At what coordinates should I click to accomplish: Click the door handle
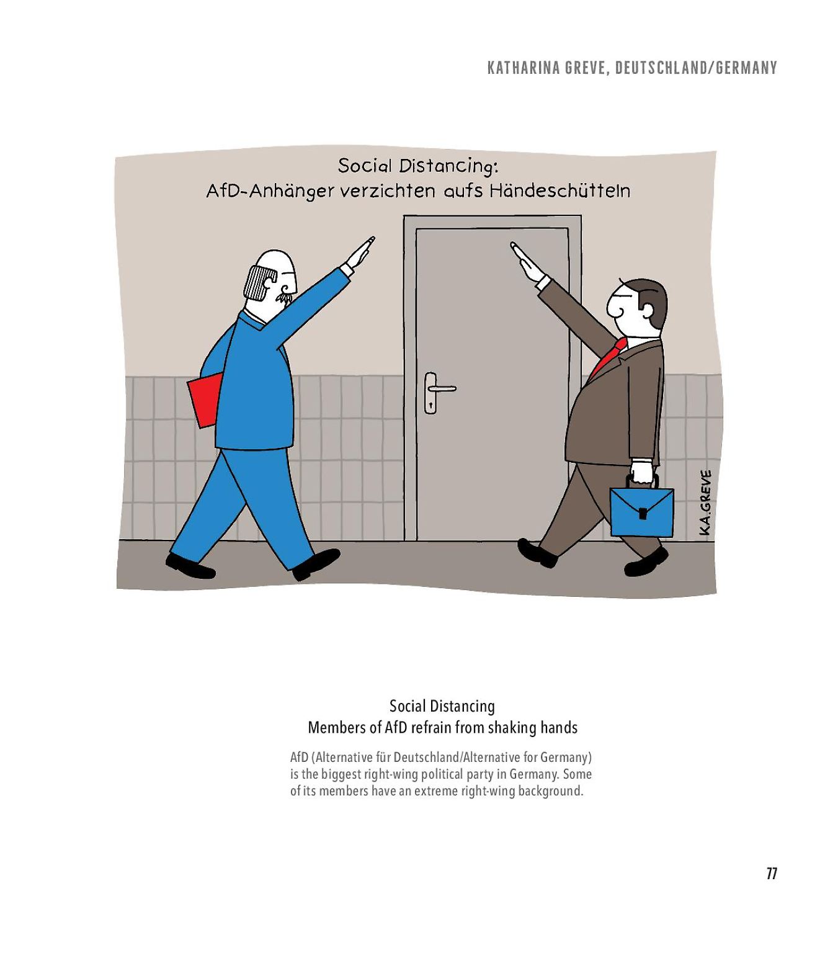(440, 388)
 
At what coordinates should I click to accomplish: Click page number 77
(771, 874)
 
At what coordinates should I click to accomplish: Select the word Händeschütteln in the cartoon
(559, 190)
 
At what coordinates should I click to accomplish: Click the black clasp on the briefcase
(642, 513)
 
